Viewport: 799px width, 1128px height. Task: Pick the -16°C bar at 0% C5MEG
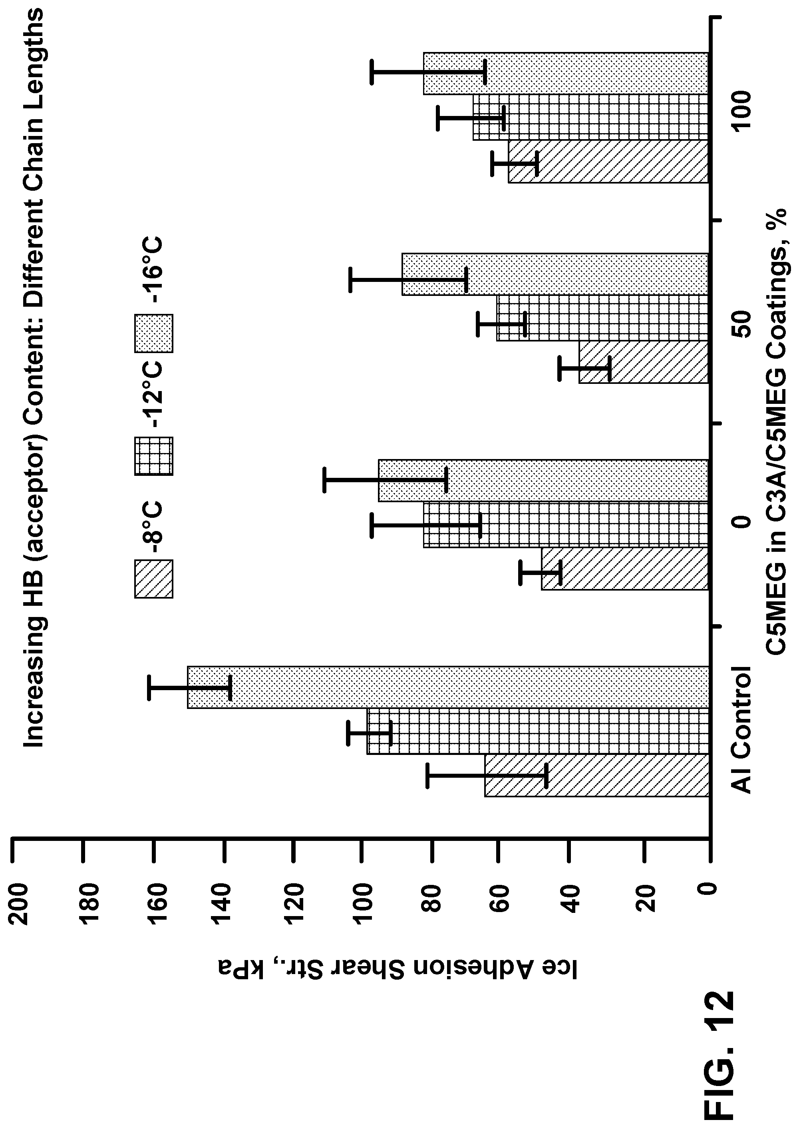point(543,481)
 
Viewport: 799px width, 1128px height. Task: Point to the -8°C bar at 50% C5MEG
point(644,362)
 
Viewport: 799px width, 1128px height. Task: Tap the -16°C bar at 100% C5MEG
point(566,73)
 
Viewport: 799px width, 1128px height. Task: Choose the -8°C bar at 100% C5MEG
point(608,162)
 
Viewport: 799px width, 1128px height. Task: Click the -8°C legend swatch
point(153,579)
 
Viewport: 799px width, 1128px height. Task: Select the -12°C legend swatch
point(153,456)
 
